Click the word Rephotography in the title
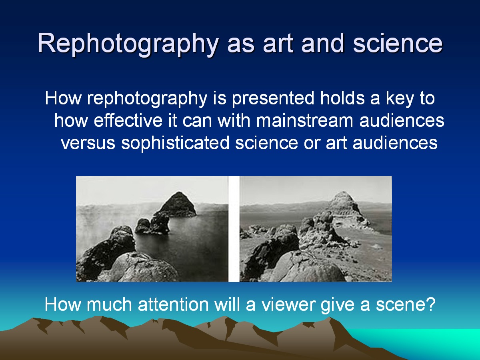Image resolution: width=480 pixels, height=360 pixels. [x=128, y=44]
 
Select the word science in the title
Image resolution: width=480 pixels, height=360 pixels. [x=398, y=43]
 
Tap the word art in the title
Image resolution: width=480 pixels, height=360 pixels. [x=278, y=44]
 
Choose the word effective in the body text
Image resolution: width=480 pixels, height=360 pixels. [x=128, y=120]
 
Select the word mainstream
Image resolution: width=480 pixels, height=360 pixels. [x=305, y=120]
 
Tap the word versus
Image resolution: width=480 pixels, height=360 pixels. [x=88, y=143]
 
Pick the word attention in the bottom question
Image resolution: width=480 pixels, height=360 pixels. [x=174, y=304]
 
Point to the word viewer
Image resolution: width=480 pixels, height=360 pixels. [x=289, y=304]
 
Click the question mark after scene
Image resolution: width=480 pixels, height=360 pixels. [x=431, y=304]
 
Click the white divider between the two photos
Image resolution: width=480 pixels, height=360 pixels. [x=234, y=229]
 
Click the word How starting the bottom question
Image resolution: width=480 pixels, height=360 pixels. [x=63, y=304]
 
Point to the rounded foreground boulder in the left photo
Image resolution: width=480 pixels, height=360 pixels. [x=144, y=268]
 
